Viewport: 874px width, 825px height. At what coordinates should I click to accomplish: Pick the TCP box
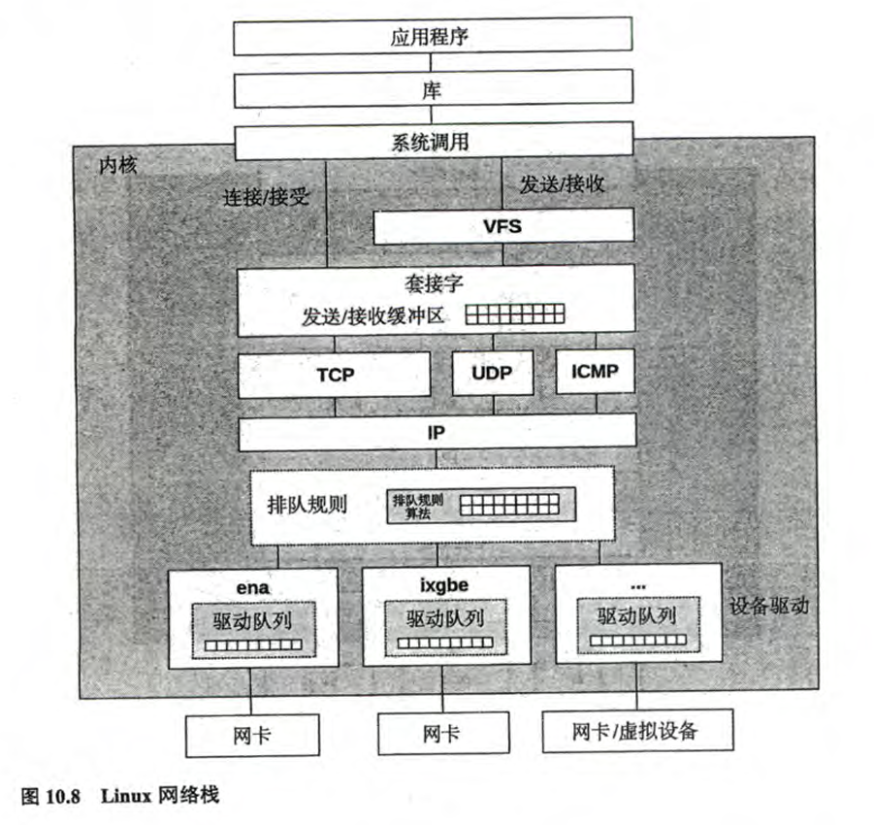click(335, 375)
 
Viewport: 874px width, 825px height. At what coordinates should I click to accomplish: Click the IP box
click(437, 432)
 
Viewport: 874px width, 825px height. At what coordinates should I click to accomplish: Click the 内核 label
click(117, 165)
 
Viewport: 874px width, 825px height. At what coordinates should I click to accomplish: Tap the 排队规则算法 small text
click(417, 506)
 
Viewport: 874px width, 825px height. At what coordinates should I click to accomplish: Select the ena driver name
click(253, 585)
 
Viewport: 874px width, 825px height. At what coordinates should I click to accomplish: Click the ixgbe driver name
click(445, 585)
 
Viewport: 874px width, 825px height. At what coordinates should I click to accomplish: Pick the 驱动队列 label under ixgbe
click(445, 617)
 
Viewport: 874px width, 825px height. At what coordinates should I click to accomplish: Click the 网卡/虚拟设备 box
click(635, 731)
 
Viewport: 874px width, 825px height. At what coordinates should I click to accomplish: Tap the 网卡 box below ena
click(251, 735)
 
